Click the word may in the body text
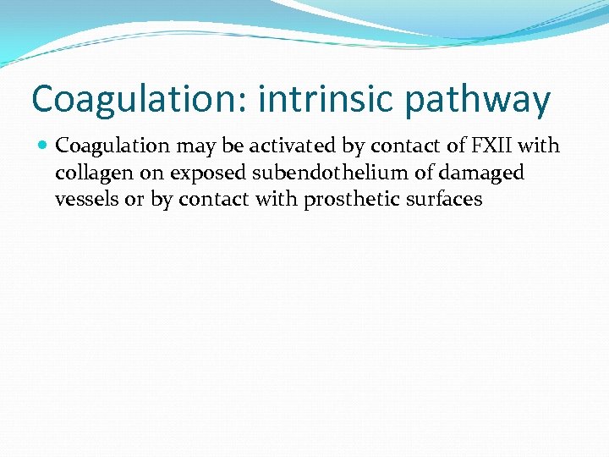[x=197, y=146]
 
